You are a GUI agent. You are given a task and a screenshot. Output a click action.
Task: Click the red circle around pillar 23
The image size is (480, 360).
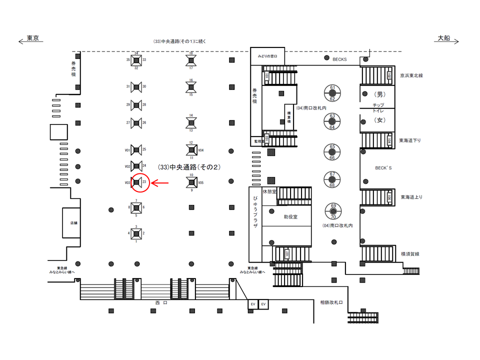click(x=137, y=183)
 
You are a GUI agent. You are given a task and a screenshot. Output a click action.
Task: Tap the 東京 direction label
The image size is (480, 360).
click(x=33, y=38)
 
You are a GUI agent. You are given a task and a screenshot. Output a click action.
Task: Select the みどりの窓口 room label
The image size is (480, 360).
click(x=267, y=56)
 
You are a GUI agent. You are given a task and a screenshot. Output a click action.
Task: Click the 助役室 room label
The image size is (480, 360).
click(x=290, y=217)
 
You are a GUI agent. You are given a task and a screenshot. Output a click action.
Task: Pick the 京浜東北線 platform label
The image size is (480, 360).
click(x=411, y=76)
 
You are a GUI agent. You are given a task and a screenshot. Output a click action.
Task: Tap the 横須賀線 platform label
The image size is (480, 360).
click(x=410, y=254)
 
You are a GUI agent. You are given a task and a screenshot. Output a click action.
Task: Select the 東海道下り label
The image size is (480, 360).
click(x=410, y=140)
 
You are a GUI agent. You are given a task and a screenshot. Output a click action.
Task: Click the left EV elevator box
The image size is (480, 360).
click(x=253, y=304)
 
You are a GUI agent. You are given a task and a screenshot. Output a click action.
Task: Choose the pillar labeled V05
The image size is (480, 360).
click(x=190, y=182)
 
